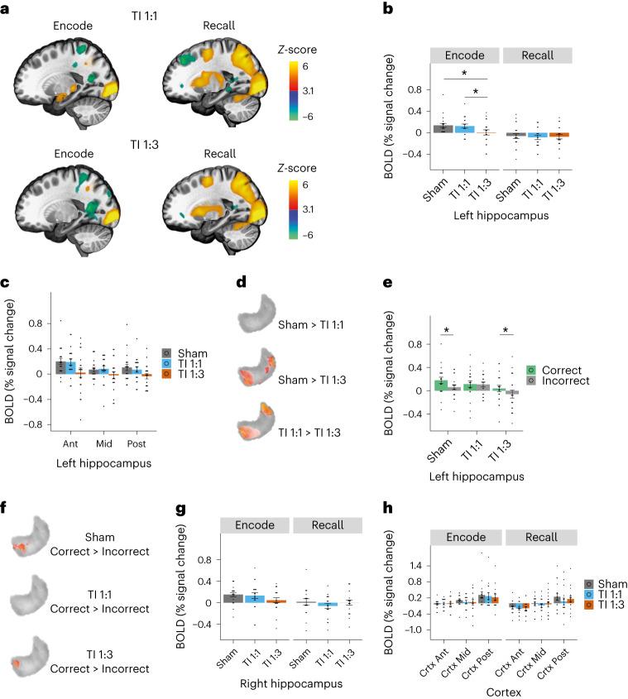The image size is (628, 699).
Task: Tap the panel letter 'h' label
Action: click(408, 516)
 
